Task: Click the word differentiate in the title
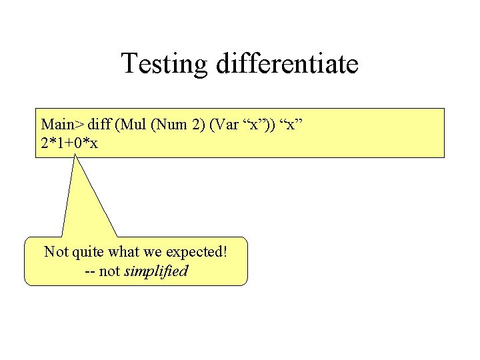pos(287,64)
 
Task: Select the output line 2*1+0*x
pos(69,142)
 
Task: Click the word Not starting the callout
pos(55,252)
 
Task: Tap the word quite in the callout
pos(85,252)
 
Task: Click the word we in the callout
pos(152,252)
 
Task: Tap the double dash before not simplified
pos(90,271)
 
